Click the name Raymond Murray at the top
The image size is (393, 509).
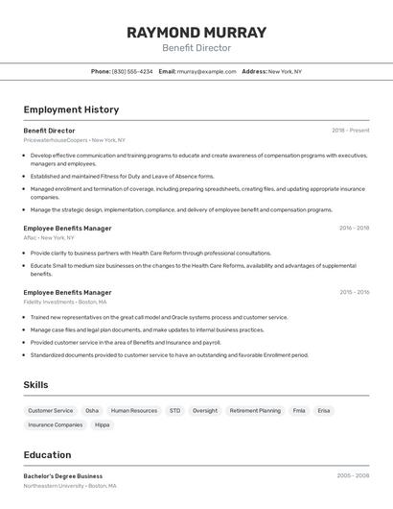point(196,32)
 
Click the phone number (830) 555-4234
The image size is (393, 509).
point(132,71)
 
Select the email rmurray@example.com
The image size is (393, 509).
point(206,71)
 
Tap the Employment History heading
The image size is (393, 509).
point(71,109)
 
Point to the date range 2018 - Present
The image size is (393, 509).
point(351,131)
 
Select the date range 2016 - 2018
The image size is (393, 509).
point(354,229)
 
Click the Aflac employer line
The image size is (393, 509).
point(49,237)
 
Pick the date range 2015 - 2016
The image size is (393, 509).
point(354,292)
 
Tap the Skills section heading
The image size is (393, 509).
point(36,385)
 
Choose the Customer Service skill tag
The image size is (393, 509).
point(50,410)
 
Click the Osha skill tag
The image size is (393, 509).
point(92,410)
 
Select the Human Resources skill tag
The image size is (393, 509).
point(134,410)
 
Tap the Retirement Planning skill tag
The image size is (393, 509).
point(255,410)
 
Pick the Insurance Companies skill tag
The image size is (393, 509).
point(56,424)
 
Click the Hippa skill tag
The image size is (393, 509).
point(103,424)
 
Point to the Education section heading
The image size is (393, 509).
point(47,455)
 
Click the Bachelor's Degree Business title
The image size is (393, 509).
point(63,475)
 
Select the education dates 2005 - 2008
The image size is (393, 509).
point(353,475)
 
